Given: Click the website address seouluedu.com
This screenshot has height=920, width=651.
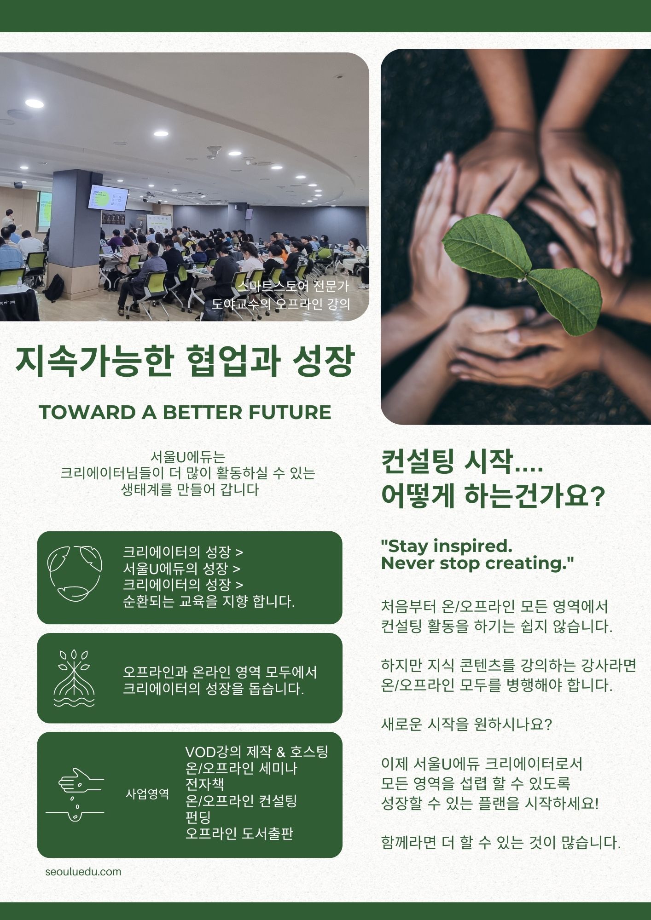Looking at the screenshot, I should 83,872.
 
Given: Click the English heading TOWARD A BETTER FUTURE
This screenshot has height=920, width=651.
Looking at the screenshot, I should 185,412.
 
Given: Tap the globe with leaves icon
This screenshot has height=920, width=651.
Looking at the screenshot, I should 75,574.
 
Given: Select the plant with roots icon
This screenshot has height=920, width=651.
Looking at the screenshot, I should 74,678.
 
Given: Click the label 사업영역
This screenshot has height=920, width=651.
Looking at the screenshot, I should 147,794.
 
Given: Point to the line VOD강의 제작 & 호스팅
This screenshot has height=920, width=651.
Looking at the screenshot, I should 256,752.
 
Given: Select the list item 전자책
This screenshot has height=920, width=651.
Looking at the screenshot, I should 204,784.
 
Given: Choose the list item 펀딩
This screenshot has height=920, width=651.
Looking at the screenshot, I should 198,817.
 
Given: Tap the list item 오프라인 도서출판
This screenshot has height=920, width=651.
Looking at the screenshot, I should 239,833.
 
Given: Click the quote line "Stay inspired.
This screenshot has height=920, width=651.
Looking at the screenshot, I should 447,546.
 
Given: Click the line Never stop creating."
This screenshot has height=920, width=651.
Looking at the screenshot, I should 477,563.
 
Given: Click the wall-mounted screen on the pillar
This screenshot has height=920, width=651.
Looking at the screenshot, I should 108,198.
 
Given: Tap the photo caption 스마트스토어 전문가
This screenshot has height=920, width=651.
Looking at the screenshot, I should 293,286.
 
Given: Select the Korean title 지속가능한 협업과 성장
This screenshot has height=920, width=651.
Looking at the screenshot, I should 185,362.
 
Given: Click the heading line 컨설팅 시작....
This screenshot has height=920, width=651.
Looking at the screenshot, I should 462,462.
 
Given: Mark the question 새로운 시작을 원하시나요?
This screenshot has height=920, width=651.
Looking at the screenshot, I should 466,724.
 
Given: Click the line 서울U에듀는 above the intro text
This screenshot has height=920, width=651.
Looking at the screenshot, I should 188,457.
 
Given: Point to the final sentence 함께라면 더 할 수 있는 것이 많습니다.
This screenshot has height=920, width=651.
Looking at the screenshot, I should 501,842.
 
